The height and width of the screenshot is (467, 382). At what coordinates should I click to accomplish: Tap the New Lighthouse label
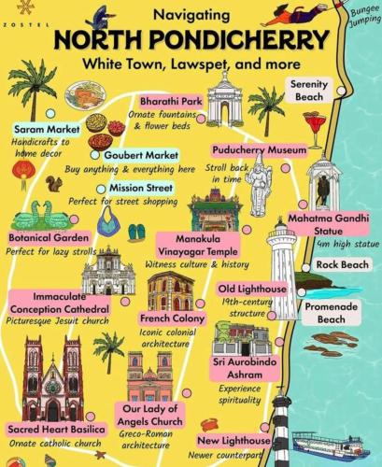[234, 440]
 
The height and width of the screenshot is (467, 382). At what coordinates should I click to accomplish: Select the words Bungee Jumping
[361, 17]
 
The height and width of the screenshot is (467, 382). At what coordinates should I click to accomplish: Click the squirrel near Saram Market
[54, 183]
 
